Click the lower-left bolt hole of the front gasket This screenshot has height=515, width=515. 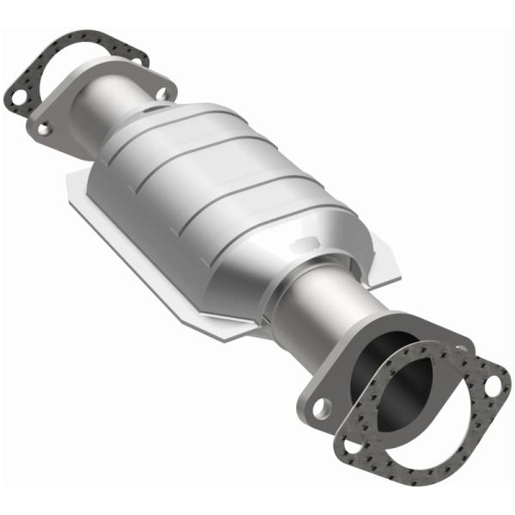coord(352,445)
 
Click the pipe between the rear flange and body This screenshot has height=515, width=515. coord(103,107)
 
